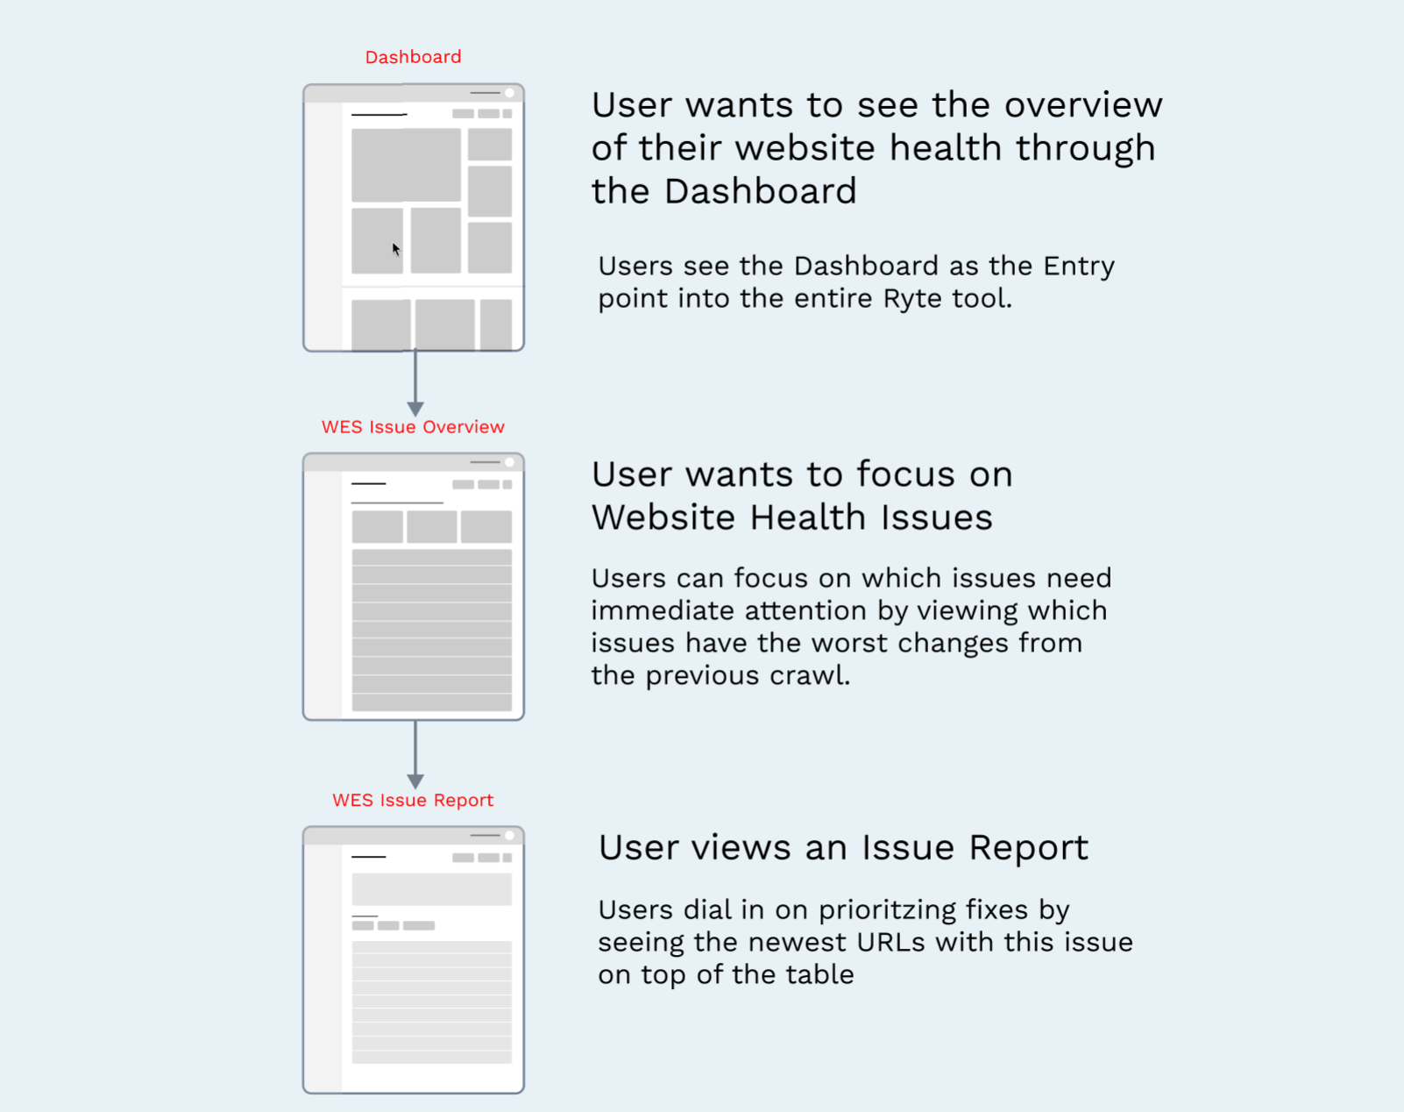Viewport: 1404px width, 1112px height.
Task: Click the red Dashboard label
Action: point(413,58)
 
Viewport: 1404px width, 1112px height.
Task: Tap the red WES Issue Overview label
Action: point(413,427)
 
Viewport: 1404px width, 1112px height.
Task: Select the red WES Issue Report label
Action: point(413,801)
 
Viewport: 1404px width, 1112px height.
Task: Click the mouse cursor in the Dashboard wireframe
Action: point(396,249)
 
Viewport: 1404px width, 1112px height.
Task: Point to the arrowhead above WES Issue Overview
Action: point(415,410)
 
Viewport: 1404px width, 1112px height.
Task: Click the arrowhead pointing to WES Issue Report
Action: point(415,781)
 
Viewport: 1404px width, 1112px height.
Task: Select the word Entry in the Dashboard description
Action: point(1079,267)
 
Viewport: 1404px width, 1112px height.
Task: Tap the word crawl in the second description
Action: point(810,676)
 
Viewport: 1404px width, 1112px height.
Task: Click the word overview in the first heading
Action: point(1083,105)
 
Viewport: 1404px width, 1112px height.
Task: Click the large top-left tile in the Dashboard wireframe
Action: point(406,165)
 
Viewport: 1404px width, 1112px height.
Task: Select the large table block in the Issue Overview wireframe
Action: point(432,631)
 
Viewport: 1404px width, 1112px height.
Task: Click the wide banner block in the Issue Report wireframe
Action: point(432,889)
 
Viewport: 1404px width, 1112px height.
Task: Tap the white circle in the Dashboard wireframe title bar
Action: point(509,93)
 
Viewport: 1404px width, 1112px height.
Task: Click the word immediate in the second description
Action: point(663,611)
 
